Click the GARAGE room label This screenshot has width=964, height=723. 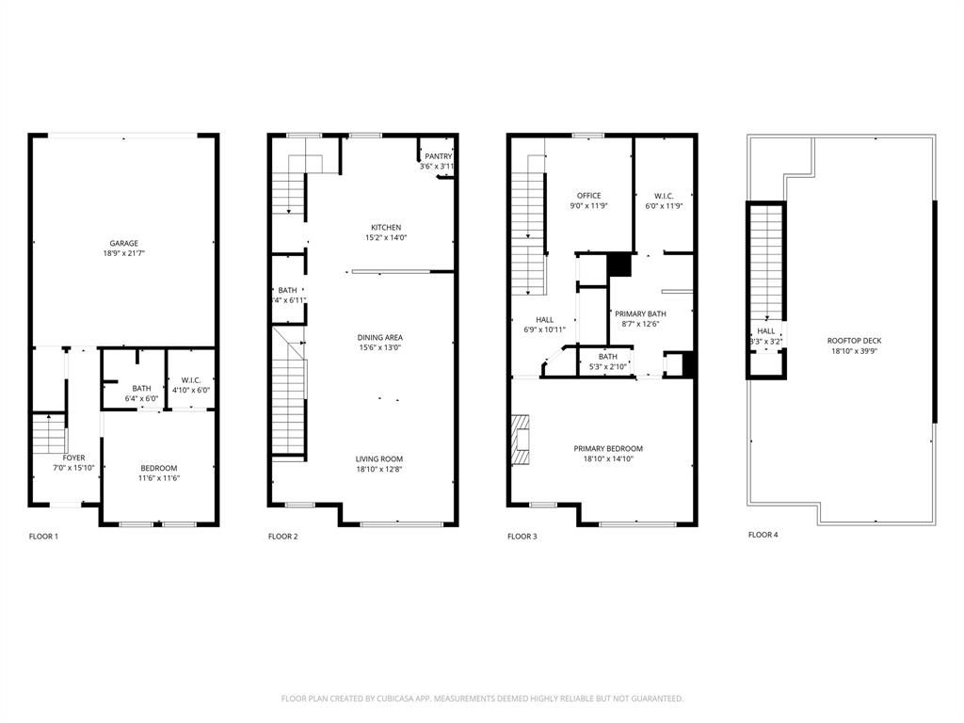tap(123, 243)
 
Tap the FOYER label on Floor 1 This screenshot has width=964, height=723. tap(73, 458)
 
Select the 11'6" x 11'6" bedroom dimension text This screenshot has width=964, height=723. tap(159, 478)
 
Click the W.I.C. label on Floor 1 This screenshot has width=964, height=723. tap(190, 379)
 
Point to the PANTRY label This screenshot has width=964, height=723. tap(438, 156)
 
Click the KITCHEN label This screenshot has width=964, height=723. tap(386, 228)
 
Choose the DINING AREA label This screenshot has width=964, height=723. tap(379, 337)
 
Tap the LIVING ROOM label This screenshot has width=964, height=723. tap(379, 458)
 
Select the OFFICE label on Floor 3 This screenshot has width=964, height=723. tap(588, 196)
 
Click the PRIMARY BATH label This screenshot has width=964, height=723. tap(641, 313)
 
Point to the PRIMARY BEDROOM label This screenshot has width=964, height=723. tap(608, 449)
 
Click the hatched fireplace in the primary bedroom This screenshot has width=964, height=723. tap(521, 440)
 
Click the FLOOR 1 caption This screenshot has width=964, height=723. tap(43, 537)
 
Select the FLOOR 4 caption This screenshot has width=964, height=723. tap(763, 535)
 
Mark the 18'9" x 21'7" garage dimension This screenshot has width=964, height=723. tap(123, 253)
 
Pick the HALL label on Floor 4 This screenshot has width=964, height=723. tap(766, 331)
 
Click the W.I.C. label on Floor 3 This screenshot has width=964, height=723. tap(662, 196)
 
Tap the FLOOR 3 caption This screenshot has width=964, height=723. tap(522, 537)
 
